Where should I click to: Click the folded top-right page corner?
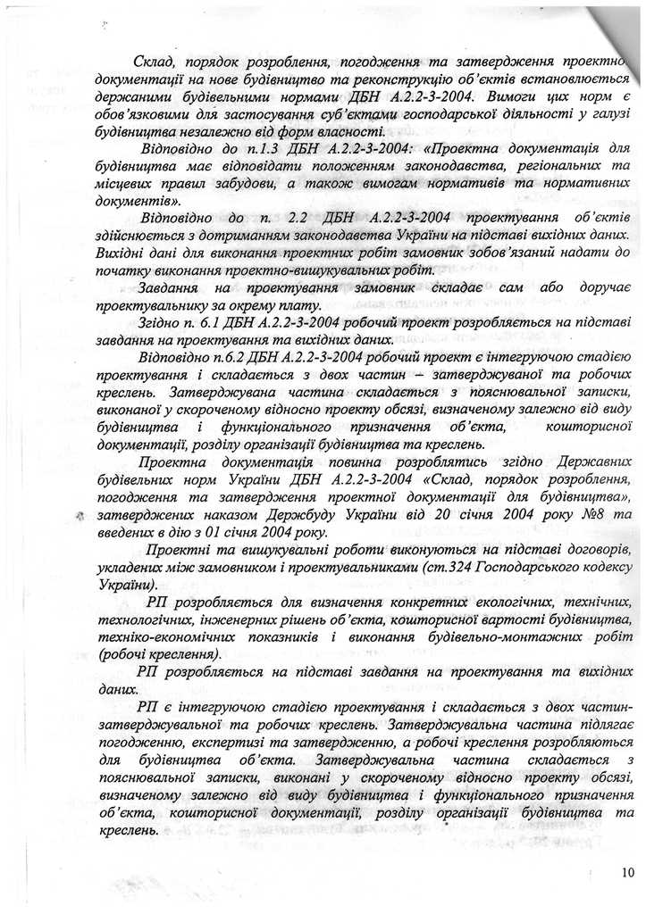point(621,22)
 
